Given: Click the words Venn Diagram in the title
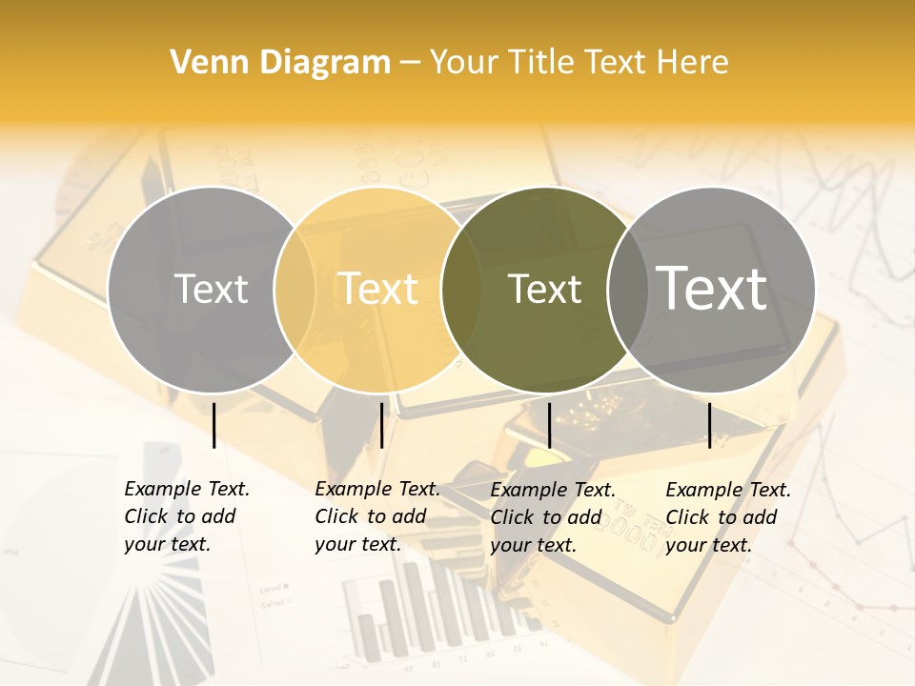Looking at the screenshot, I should (280, 63).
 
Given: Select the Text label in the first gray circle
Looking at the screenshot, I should (211, 289).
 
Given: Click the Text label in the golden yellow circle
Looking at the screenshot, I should (378, 289).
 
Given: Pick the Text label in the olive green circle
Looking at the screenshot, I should (544, 289).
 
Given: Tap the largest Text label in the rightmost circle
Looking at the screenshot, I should (712, 289).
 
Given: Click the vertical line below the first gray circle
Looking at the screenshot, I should (214, 425).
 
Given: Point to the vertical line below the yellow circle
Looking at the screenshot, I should (381, 425).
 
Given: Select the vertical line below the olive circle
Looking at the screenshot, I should (550, 425).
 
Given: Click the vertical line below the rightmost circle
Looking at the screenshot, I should (709, 425).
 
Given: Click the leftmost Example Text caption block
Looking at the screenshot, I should (187, 516).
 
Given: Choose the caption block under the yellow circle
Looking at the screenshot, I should (377, 516).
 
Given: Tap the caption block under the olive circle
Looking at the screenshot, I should (553, 517).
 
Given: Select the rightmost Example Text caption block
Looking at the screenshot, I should (728, 517).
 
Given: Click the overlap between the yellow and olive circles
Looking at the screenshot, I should (460, 289).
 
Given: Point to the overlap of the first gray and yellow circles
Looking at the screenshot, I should (295, 289).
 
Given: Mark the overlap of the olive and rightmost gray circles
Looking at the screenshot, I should (626, 289).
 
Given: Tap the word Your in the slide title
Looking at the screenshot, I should (463, 63).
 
